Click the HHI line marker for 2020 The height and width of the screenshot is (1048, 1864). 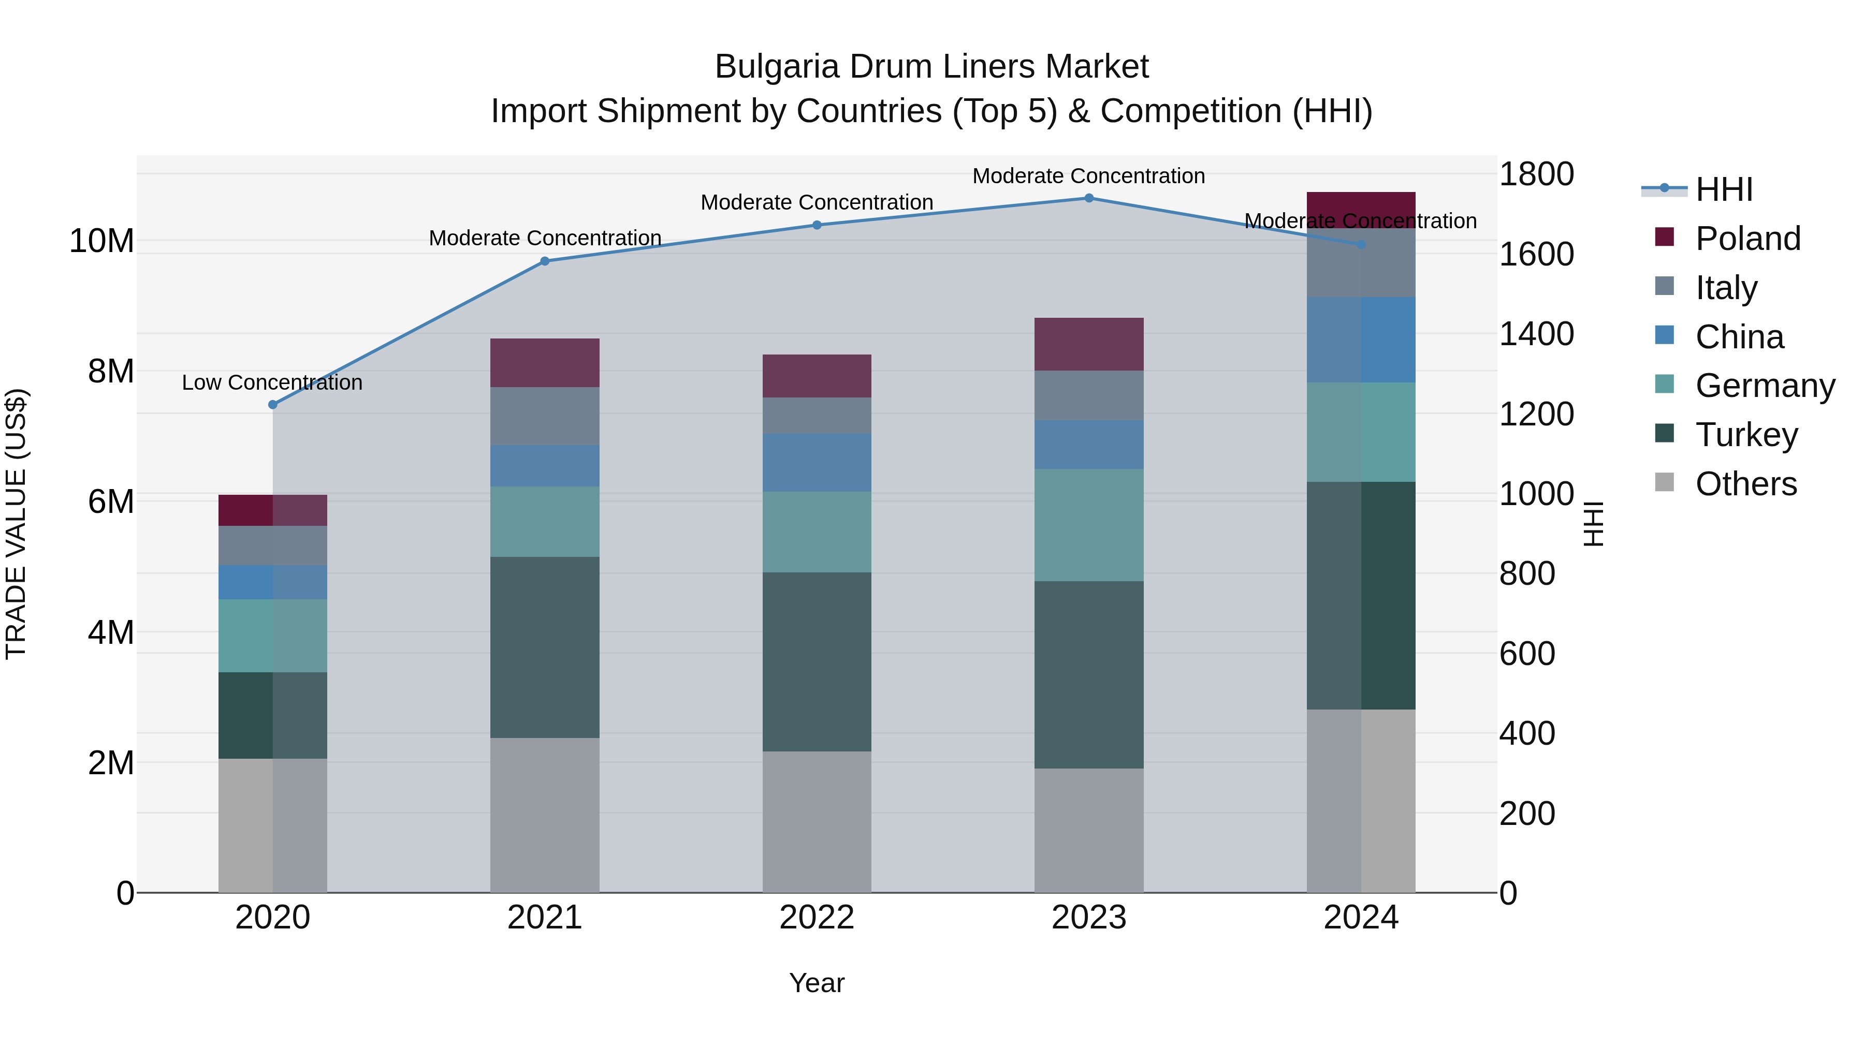coord(273,405)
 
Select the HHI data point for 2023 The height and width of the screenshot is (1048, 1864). coord(1089,198)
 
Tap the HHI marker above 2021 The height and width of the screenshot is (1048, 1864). coord(545,261)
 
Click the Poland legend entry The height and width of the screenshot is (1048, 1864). coord(1747,239)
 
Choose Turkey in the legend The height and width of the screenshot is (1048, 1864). coord(1746,435)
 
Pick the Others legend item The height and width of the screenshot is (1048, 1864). coord(1745,484)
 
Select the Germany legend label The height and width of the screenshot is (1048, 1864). coord(1765,386)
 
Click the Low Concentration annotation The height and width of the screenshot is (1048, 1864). coord(272,382)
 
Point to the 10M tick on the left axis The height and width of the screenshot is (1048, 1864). coord(101,241)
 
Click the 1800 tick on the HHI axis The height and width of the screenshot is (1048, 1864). coord(1536,174)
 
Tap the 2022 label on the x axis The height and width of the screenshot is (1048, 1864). coord(817,918)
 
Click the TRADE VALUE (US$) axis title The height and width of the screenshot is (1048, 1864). coord(17,524)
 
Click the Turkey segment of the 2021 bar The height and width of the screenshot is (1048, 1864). coord(545,647)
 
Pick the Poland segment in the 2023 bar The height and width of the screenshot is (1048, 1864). coord(1089,344)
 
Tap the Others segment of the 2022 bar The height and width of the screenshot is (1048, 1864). coord(817,822)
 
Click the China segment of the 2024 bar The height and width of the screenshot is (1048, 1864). coord(1361,340)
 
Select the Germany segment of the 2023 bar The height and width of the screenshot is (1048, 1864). coord(1089,525)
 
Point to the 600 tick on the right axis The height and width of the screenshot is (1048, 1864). coord(1527,654)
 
